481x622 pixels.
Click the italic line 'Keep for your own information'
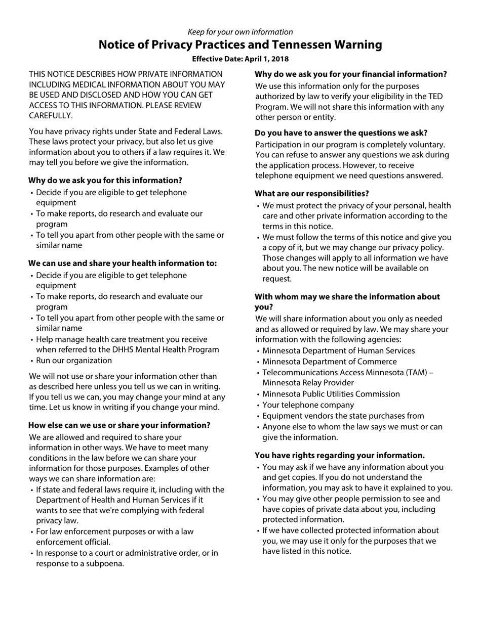[240, 32]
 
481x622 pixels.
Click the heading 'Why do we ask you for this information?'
[105, 181]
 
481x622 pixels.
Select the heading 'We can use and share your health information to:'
[123, 263]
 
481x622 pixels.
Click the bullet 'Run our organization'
[74, 361]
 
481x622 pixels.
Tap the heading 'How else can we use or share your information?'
[119, 425]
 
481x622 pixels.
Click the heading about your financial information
[350, 74]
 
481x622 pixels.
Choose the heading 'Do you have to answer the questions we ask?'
[341, 133]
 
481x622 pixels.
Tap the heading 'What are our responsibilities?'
[312, 194]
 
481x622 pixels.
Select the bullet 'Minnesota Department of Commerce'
[330, 362]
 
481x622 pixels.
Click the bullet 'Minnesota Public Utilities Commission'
[331, 394]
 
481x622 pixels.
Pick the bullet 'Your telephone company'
[308, 405]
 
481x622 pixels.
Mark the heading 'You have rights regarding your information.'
[340, 456]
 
